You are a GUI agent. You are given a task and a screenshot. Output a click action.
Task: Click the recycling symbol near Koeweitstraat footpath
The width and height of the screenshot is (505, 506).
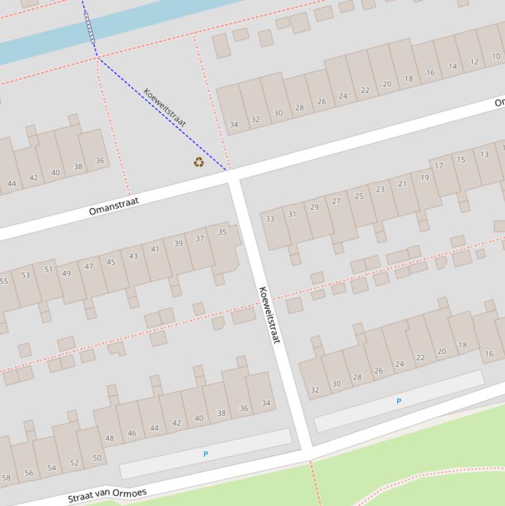pyautogui.click(x=198, y=162)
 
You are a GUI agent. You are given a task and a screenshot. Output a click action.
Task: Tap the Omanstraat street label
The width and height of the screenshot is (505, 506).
pyautogui.click(x=114, y=206)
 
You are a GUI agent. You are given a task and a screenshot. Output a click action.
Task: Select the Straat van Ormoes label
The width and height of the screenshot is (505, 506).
pyautogui.click(x=107, y=495)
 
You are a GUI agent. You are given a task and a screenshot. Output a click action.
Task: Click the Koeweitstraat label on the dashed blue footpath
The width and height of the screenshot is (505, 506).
pyautogui.click(x=165, y=108)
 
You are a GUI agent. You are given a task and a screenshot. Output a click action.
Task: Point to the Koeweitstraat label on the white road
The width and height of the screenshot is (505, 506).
pyautogui.click(x=269, y=315)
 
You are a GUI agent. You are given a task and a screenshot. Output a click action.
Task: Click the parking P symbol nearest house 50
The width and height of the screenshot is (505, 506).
pyautogui.click(x=206, y=454)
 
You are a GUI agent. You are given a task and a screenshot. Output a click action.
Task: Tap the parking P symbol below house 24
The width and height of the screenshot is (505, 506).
pyautogui.click(x=399, y=401)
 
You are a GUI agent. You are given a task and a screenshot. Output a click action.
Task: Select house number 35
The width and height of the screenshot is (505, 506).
pyautogui.click(x=222, y=232)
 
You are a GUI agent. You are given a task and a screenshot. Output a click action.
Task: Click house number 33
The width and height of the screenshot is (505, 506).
pyautogui.click(x=269, y=219)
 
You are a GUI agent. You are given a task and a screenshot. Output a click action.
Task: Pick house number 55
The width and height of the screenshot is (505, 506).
pyautogui.click(x=4, y=281)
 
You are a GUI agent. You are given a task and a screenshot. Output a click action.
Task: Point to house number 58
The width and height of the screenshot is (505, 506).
pyautogui.click(x=6, y=478)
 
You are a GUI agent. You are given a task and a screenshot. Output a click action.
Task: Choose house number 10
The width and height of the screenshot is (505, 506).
pyautogui.click(x=496, y=57)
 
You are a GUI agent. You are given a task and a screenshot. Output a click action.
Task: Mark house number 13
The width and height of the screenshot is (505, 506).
pyautogui.click(x=484, y=154)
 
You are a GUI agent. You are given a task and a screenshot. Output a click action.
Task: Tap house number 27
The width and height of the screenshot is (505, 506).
pyautogui.click(x=336, y=202)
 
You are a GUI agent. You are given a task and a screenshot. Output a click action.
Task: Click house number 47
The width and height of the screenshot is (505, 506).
pyautogui.click(x=89, y=267)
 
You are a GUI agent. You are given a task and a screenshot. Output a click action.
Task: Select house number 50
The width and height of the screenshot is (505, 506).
pyautogui.click(x=97, y=458)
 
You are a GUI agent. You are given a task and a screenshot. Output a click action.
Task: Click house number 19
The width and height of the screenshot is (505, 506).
pyautogui.click(x=425, y=177)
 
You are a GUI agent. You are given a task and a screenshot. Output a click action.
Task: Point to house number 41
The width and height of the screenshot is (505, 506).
pyautogui.click(x=155, y=249)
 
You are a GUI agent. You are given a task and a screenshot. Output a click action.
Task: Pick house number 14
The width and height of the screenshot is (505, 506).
pyautogui.click(x=452, y=66)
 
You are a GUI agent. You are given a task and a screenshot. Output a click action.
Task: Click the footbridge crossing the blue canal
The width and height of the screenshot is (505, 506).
pyautogui.click(x=89, y=28)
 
